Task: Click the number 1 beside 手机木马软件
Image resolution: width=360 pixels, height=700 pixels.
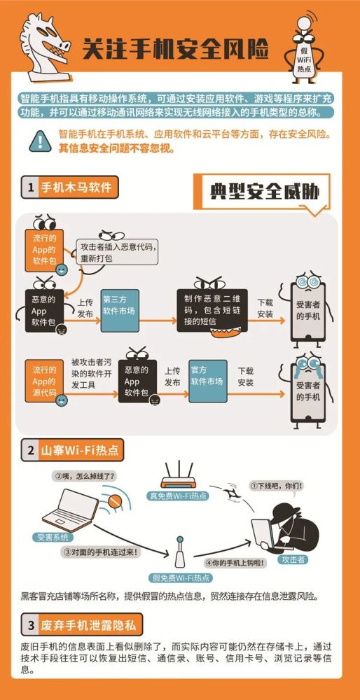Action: [x=31, y=188]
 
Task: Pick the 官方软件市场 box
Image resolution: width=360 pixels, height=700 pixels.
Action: [x=207, y=381]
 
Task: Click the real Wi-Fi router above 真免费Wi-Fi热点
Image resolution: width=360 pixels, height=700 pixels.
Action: [x=179, y=476]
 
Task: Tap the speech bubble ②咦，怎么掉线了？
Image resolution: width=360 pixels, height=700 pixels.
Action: [x=84, y=477]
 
